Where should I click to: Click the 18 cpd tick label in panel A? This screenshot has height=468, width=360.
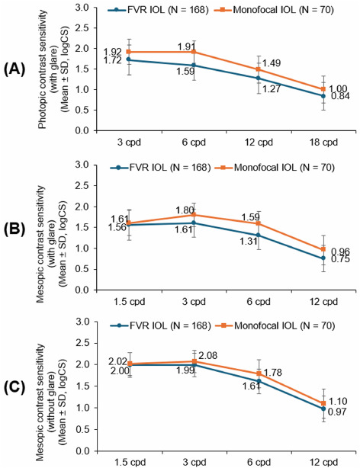click(324, 142)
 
